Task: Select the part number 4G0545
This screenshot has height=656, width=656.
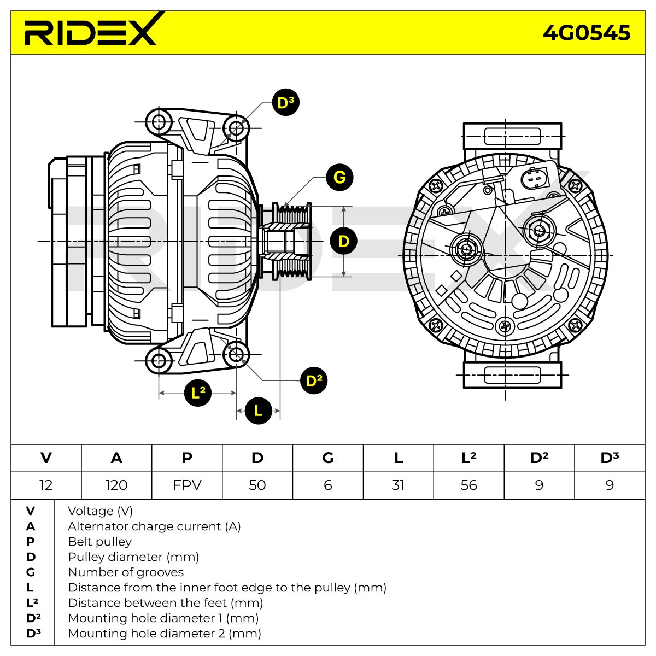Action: click(586, 33)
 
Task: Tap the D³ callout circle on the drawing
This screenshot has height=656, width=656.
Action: click(285, 102)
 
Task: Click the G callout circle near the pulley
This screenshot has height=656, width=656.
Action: click(339, 177)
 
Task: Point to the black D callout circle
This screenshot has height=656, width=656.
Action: click(343, 242)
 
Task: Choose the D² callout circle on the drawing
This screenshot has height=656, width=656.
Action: click(314, 381)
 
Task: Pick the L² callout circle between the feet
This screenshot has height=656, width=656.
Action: click(198, 393)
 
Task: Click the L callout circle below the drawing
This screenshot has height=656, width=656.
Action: click(259, 411)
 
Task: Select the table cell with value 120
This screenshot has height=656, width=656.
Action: click(116, 485)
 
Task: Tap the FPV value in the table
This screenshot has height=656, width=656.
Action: click(187, 485)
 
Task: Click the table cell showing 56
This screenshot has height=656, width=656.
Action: click(468, 485)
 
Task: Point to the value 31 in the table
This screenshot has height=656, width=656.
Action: click(398, 485)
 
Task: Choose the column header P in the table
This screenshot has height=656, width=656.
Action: click(187, 458)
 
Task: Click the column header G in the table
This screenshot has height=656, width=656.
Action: click(328, 458)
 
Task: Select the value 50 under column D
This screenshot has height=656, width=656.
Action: click(257, 485)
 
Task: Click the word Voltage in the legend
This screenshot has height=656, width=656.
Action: click(91, 511)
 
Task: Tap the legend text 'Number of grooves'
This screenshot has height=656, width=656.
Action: click(126, 572)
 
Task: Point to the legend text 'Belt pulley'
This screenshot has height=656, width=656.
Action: click(99, 542)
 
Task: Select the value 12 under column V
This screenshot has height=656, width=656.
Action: click(46, 485)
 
